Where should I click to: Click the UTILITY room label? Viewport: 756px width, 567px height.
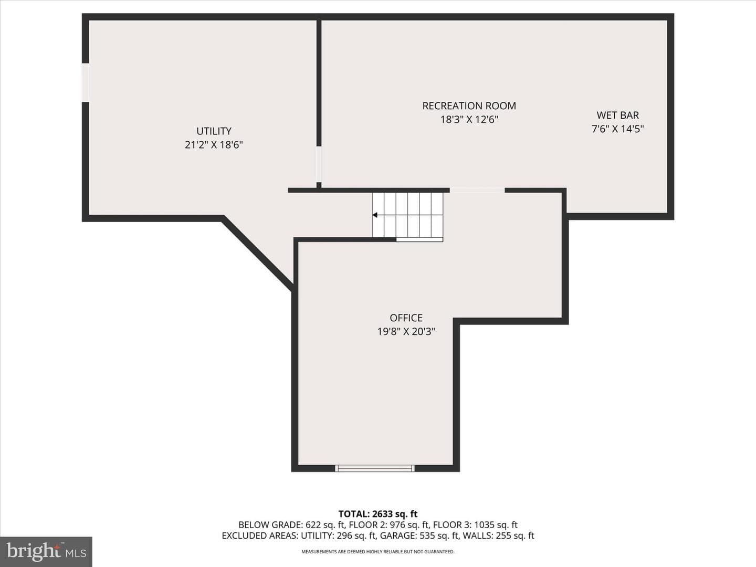click(214, 131)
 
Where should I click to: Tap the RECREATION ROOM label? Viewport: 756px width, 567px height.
click(469, 106)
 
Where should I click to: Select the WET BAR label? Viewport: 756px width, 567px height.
click(617, 115)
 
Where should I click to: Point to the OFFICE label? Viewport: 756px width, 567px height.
click(406, 318)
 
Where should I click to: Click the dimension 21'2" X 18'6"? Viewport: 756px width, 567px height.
click(214, 144)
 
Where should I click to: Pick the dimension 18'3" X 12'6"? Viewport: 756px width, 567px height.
click(469, 120)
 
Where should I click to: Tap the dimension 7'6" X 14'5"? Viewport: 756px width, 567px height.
click(617, 129)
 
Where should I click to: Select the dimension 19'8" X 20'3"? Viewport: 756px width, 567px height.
click(406, 331)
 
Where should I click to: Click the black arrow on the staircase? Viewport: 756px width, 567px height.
click(375, 215)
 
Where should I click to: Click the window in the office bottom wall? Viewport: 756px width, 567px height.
click(375, 468)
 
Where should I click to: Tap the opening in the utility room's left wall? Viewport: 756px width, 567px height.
click(86, 82)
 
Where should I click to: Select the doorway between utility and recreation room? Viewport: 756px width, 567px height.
click(319, 164)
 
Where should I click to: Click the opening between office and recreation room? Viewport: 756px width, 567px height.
click(477, 191)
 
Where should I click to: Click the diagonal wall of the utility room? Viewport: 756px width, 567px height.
click(258, 253)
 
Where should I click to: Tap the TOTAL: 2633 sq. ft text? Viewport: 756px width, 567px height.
click(378, 514)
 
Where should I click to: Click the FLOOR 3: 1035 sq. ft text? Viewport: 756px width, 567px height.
click(475, 524)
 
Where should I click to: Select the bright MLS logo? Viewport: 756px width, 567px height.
click(46, 551)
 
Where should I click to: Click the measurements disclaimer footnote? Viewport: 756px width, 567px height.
click(378, 552)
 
